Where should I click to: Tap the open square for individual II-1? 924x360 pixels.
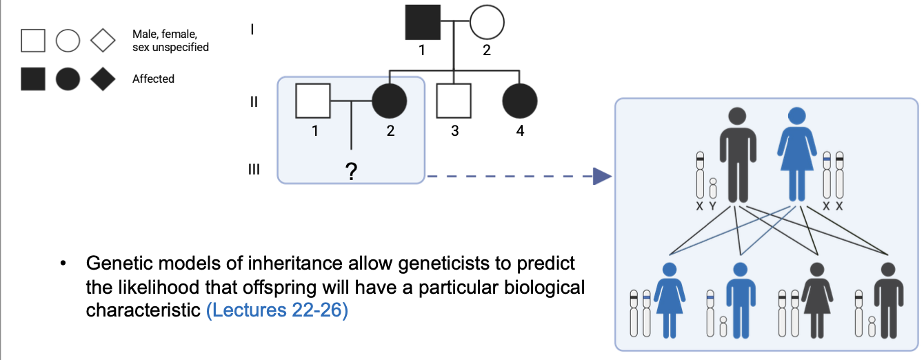pos(313,101)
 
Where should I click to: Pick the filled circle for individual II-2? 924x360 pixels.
pos(390,101)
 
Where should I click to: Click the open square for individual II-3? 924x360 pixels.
pos(454,101)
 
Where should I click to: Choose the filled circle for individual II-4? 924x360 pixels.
pos(520,101)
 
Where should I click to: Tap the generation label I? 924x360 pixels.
pos(254,30)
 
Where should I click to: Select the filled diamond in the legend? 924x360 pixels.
pos(103,79)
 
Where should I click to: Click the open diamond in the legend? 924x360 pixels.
pos(103,41)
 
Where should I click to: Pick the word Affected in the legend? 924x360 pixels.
pos(153,79)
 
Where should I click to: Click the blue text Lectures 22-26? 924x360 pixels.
pos(277,310)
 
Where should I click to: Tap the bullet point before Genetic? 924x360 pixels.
pos(63,264)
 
